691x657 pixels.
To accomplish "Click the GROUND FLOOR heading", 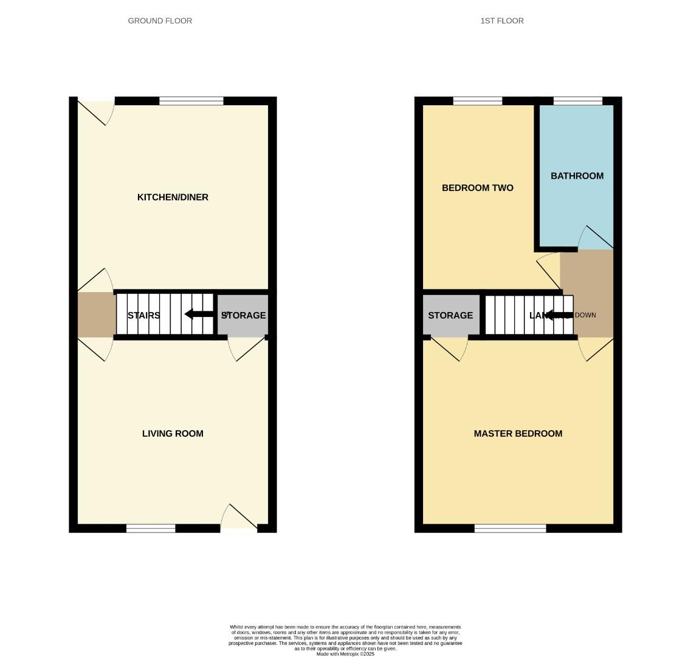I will click(160, 21).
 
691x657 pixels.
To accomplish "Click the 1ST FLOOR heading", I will click(501, 21).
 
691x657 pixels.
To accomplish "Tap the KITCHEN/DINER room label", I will click(173, 197).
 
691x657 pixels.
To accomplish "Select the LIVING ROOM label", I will click(173, 434).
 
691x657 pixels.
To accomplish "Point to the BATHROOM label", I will click(577, 176).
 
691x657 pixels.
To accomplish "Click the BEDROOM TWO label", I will click(477, 188).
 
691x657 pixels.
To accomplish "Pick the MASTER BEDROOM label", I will click(518, 434).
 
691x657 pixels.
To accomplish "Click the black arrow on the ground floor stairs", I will click(198, 315).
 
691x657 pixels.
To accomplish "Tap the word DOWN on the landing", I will click(585, 315).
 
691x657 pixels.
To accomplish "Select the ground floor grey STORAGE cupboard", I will click(243, 315).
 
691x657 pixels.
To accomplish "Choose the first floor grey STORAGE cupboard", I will click(450, 315).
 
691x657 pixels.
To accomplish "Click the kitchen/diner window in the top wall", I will click(191, 101).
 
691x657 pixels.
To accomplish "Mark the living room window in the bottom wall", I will click(151, 528).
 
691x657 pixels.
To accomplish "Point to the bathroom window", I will click(577, 101).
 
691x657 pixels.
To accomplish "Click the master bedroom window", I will click(510, 528).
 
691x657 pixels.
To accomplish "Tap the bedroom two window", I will click(478, 101).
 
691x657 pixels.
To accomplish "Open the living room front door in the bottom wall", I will click(239, 518).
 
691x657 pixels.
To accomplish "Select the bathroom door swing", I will click(596, 238).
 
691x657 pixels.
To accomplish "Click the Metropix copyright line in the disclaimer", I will click(345, 654).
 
